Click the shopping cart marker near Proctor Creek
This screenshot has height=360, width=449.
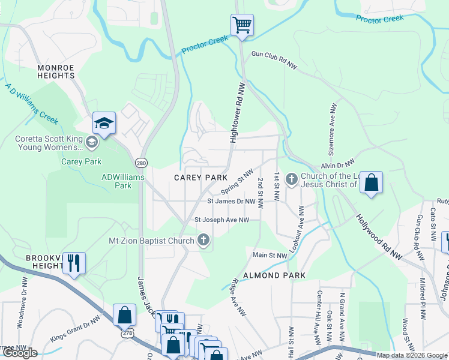point(242,26)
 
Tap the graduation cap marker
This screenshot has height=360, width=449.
point(104,124)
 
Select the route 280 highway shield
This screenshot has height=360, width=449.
point(141,163)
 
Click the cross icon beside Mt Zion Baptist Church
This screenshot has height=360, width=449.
point(203,241)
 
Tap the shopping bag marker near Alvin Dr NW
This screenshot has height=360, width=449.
point(372,183)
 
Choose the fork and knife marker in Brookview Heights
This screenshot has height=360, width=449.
point(74,263)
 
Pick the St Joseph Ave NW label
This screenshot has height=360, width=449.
point(221,220)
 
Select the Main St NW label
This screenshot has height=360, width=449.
point(270,256)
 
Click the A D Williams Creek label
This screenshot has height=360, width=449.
point(32,104)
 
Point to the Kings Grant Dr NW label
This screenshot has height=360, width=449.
point(75,329)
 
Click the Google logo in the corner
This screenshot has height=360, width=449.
point(20,353)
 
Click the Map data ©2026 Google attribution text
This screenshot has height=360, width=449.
point(412,355)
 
